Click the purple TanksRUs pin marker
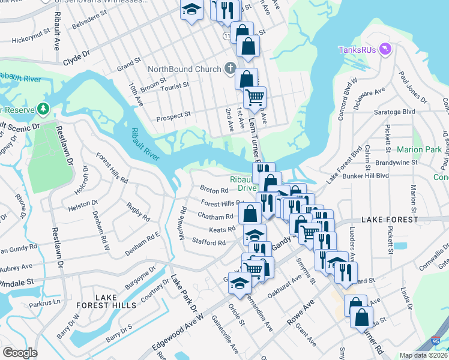(385, 49)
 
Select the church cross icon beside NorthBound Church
(230, 69)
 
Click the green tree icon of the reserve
(43, 109)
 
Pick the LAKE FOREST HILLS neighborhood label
(116, 301)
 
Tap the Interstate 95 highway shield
(442, 342)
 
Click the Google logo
(20, 352)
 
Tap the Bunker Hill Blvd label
(366, 176)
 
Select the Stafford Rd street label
(209, 243)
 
